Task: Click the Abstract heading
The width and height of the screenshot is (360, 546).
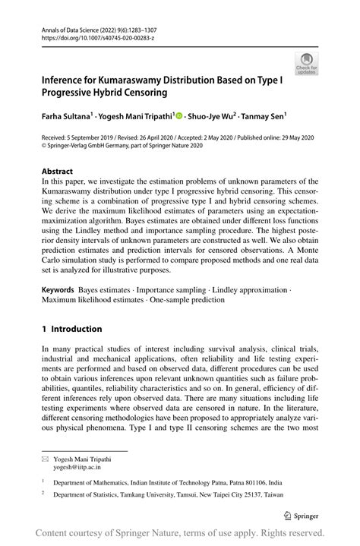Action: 58,172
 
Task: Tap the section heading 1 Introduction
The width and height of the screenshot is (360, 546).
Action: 72,329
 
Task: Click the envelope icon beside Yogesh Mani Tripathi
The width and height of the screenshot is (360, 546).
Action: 46,459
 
